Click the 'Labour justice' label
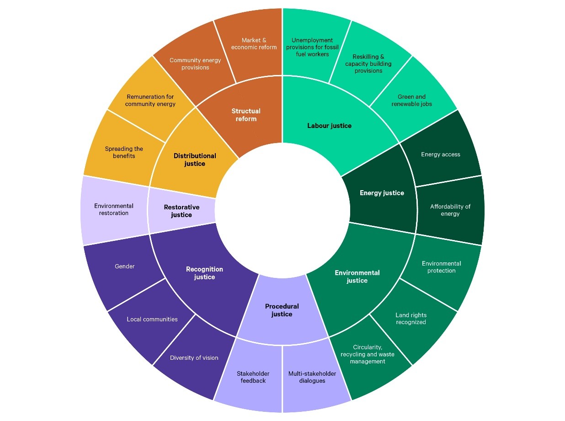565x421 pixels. [329, 126]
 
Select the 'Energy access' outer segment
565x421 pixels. [441, 155]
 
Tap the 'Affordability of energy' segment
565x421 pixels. [450, 210]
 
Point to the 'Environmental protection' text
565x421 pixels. [441, 267]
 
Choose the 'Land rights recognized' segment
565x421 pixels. [411, 319]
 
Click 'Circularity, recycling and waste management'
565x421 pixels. [368, 354]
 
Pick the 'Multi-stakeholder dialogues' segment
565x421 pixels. [312, 377]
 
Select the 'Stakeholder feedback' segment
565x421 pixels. [253, 377]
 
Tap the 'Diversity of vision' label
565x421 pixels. [194, 358]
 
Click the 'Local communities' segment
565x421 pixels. [152, 320]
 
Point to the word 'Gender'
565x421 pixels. [124, 266]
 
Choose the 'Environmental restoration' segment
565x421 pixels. [114, 209]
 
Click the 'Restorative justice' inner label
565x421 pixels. [181, 211]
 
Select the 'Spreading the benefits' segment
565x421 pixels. [124, 152]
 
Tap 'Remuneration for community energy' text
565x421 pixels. [150, 101]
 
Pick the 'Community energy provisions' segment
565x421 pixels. [195, 64]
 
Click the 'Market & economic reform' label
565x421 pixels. [254, 43]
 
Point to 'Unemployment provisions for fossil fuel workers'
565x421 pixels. [312, 47]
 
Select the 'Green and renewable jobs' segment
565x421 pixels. [412, 101]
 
